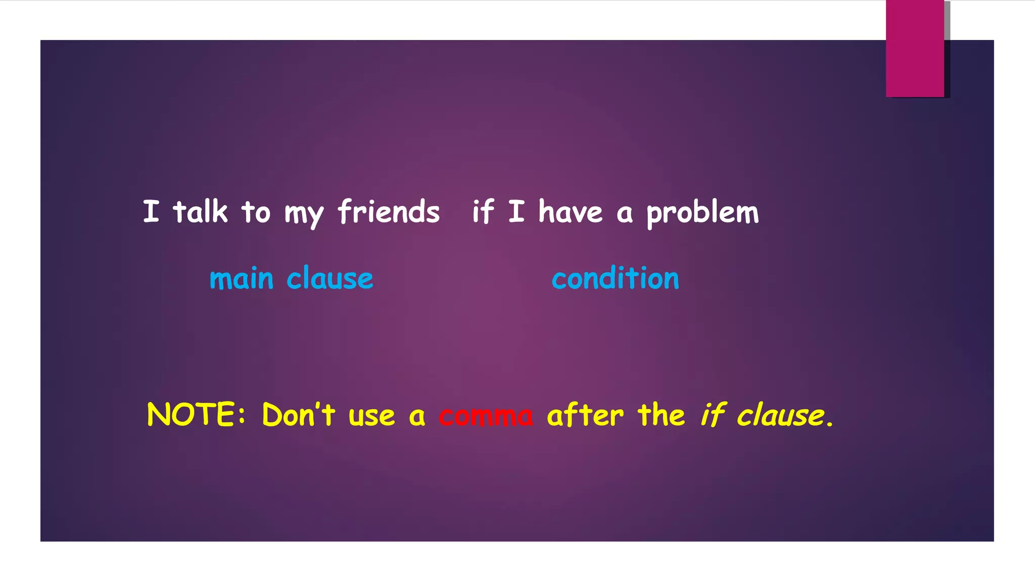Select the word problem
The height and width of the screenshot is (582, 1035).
[x=702, y=213]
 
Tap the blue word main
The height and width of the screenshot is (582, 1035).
[x=242, y=279]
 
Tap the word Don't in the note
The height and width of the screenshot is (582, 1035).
[x=298, y=415]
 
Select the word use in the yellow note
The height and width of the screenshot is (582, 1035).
[x=371, y=416]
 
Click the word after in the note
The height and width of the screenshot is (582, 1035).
[x=585, y=415]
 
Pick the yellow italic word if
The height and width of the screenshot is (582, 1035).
[x=713, y=415]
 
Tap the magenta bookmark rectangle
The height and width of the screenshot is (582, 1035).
[x=915, y=48]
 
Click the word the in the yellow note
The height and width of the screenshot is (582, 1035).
[x=661, y=415]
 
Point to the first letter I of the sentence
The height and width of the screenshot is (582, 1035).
[x=151, y=211]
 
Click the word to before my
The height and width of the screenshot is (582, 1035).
[x=256, y=212]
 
